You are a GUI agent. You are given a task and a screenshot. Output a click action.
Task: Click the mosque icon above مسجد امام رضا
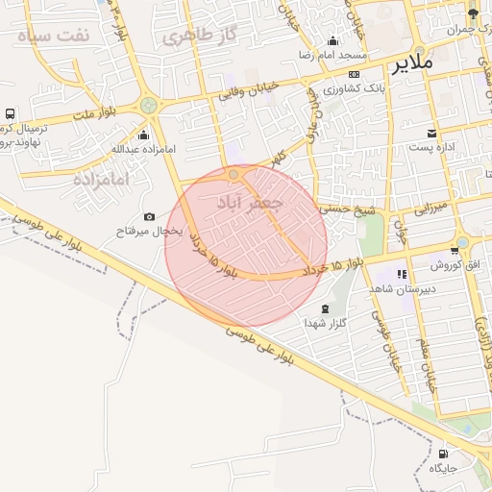pos(332,40)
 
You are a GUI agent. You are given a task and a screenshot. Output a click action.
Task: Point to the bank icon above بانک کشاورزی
pos(355,74)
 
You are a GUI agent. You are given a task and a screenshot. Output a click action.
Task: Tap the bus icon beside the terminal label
pos(11,113)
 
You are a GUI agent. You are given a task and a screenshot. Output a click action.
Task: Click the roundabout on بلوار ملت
pos(147,106)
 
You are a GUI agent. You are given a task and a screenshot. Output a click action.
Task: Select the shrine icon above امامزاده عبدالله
pos(144,134)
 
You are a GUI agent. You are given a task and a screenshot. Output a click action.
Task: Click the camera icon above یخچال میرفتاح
pos(149,217)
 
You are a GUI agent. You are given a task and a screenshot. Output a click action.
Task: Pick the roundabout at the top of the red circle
pos(234,174)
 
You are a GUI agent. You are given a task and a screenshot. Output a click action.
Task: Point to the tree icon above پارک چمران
pos(473,13)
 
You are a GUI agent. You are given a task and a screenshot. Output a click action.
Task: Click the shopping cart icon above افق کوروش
pos(455,250)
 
